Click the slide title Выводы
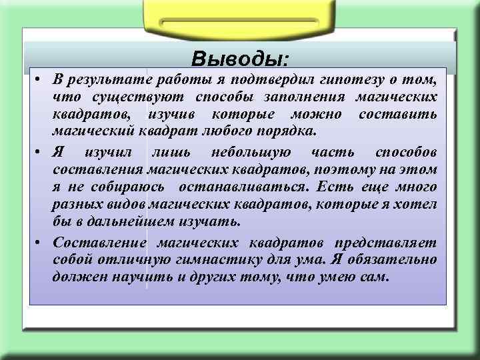(x=240, y=59)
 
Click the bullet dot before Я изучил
(x=39, y=154)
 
